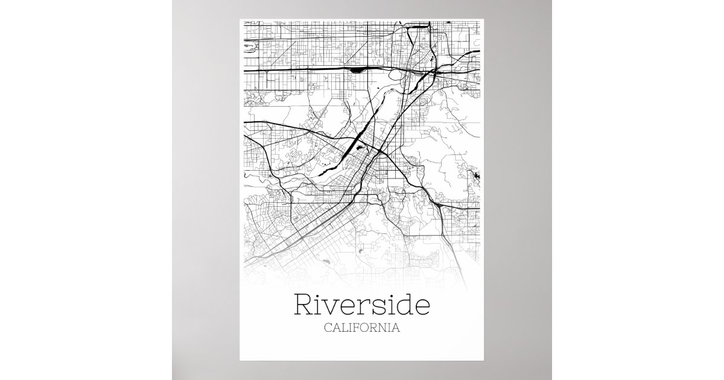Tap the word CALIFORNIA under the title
pos(362,329)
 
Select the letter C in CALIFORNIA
pos(328,329)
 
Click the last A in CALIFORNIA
pos(396,329)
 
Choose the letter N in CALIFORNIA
pos(384,329)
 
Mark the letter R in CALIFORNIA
pos(375,329)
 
